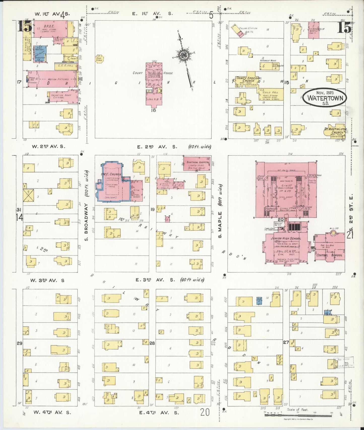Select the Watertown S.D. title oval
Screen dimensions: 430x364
click(324, 97)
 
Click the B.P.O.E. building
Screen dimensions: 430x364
click(48, 29)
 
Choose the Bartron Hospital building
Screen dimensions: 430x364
click(197, 164)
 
